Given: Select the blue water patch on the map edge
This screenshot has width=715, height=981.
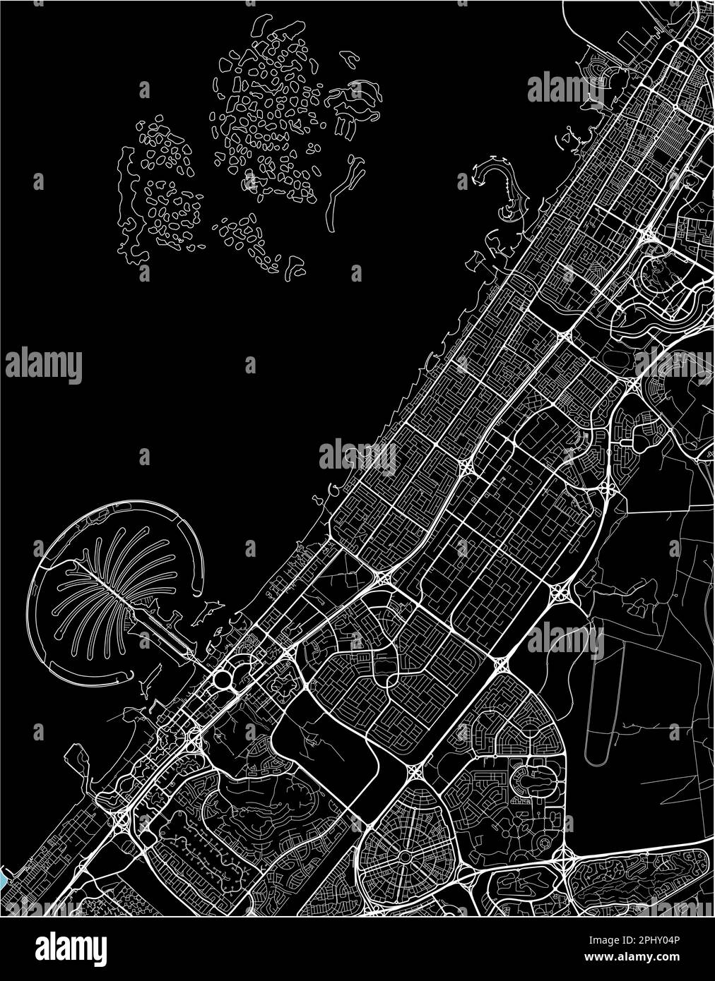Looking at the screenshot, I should pos(4,877).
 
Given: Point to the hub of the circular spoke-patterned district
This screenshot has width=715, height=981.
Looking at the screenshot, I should pos(404,855).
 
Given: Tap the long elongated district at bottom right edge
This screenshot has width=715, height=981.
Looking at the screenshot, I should pos(639,879).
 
